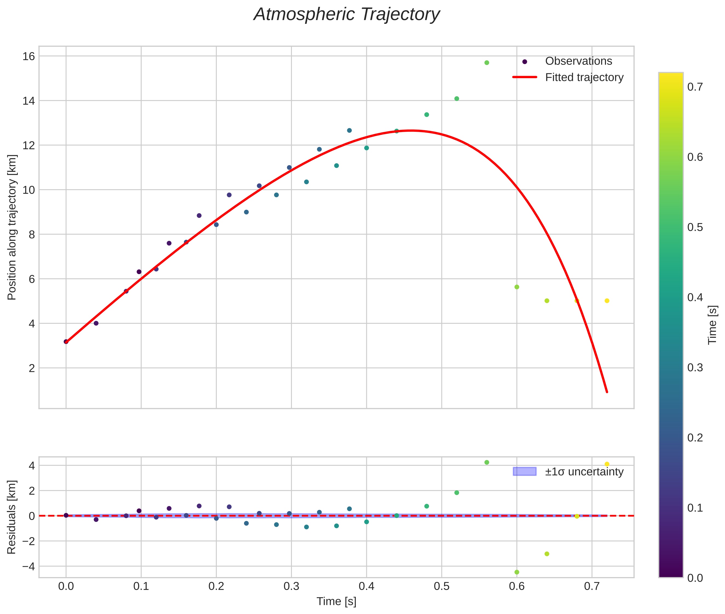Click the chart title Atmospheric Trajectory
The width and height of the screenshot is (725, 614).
(346, 14)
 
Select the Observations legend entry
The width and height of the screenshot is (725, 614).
(578, 61)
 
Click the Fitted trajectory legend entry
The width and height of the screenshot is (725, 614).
(584, 77)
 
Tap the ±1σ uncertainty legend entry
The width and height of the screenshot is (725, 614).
(584, 472)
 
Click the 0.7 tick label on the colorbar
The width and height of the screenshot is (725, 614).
(695, 87)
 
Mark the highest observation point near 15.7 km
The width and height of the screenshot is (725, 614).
(487, 63)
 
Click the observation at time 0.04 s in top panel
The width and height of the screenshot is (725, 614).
(96, 323)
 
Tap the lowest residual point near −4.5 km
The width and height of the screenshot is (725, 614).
(517, 572)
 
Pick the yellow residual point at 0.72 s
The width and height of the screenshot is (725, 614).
(607, 464)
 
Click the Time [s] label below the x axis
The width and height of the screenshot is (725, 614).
(336, 601)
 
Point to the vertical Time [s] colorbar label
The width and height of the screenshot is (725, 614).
(713, 325)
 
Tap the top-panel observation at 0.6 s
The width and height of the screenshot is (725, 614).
(517, 287)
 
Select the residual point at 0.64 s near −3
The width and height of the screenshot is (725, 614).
(547, 554)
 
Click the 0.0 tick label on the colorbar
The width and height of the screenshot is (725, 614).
(695, 578)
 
